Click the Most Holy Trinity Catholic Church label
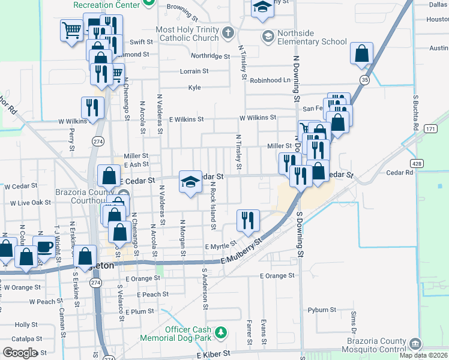tap(187, 34)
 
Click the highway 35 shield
tap(364, 79)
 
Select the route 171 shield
tap(430, 129)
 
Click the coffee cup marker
tap(44, 247)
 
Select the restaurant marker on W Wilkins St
tap(92, 107)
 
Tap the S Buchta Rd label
tap(415, 112)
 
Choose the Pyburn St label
tap(322, 310)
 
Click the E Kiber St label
tap(214, 356)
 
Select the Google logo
tap(20, 353)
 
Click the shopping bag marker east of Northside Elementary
tap(362, 53)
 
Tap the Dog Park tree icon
tap(221, 332)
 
